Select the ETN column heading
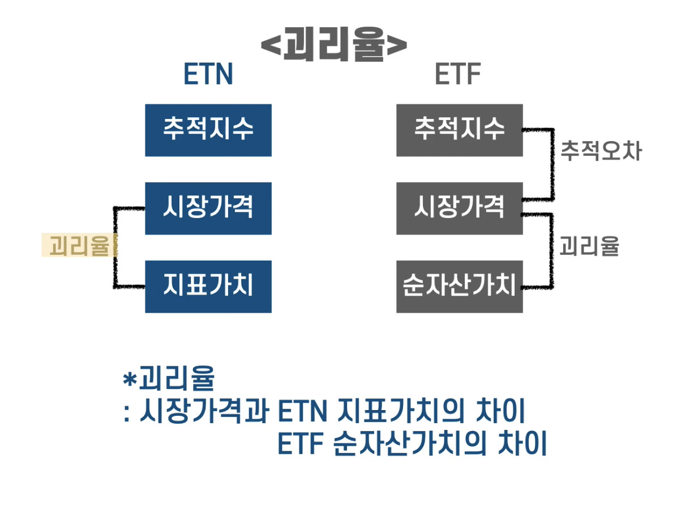[208, 75]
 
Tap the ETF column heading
[458, 75]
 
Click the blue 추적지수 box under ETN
[208, 130]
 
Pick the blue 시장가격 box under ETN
[208, 208]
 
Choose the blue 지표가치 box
[208, 286]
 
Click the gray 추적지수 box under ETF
[459, 130]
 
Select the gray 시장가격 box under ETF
[459, 208]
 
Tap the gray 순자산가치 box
[459, 286]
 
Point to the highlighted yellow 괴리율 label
[79, 246]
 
